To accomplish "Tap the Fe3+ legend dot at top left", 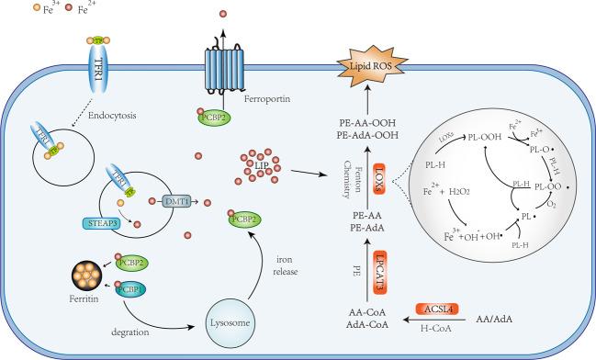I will [x=9, y=12].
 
